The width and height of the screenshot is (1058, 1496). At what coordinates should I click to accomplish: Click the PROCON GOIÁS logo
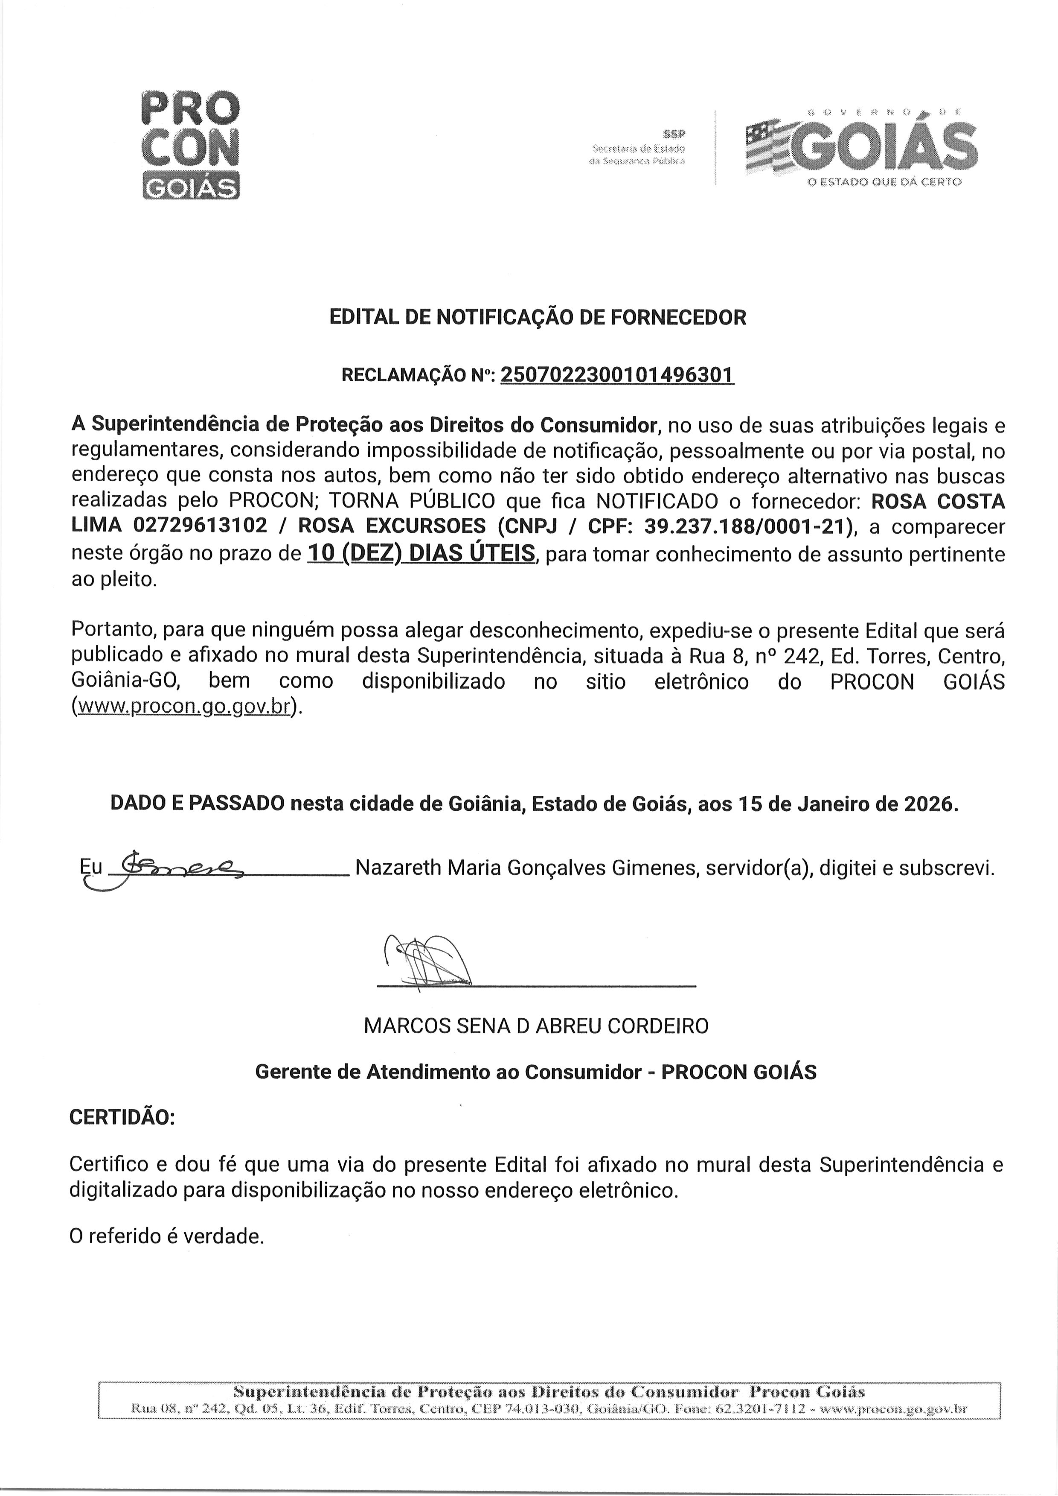(190, 145)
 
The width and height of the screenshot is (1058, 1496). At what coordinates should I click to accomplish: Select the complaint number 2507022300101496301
(617, 375)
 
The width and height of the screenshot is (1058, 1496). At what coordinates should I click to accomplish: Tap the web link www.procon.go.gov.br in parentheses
(183, 707)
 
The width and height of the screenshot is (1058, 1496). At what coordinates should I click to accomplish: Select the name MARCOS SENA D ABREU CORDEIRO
(535, 1026)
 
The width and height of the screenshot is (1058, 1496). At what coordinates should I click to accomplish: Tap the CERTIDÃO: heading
(122, 1118)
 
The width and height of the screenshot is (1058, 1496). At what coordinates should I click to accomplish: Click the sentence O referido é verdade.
(167, 1236)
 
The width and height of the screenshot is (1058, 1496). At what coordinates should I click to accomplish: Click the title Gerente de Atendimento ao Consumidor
(448, 1072)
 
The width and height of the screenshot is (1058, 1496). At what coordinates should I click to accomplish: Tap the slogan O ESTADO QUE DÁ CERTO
(884, 182)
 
